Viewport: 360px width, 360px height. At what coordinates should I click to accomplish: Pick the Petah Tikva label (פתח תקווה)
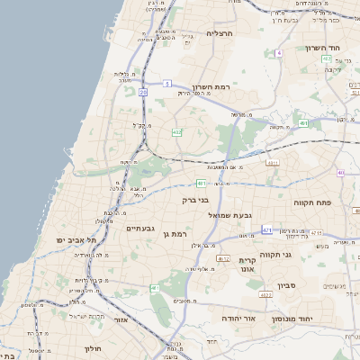313,204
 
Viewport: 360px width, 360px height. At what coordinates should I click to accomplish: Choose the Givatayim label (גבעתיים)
139,229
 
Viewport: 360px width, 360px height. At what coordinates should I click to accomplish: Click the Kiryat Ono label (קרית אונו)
247,264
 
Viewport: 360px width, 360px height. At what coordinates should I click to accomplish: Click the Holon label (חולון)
93,347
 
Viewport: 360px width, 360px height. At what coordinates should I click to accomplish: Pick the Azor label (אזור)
122,319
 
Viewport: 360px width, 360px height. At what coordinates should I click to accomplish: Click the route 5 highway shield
167,84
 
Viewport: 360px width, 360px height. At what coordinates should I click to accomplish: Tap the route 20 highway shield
143,92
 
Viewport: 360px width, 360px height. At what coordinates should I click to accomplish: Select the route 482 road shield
176,132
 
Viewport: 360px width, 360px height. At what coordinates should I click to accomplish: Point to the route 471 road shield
266,230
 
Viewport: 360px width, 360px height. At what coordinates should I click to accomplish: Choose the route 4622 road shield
265,293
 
